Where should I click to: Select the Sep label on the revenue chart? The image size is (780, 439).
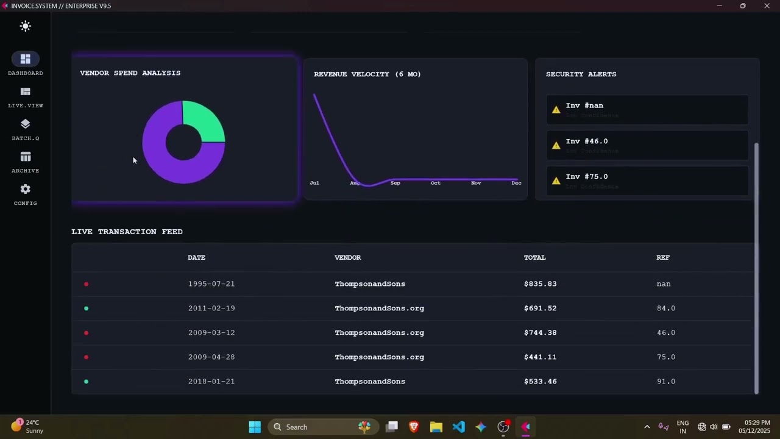coord(395,183)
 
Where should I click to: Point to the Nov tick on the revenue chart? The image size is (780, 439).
coord(476,183)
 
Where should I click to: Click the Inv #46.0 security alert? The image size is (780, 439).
coord(647,145)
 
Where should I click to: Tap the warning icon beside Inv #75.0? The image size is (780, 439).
coord(556,181)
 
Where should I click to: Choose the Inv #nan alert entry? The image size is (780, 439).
coord(647,110)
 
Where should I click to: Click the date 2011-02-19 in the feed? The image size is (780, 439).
coord(211,308)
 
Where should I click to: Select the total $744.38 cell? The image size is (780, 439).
coord(540,332)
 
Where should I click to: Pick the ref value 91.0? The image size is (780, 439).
coord(665,381)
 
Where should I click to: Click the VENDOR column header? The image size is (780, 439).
coord(347,257)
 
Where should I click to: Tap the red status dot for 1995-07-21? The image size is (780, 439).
coord(86,284)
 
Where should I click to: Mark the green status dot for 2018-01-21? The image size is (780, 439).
coord(86,382)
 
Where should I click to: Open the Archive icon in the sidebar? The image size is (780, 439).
coord(26,157)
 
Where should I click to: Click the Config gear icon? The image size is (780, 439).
coord(26,190)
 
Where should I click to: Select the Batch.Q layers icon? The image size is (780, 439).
coord(26,124)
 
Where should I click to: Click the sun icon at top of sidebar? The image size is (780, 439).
coord(26,26)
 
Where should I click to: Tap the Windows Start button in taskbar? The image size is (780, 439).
coord(255,427)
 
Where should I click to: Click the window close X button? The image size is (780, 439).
coord(767,6)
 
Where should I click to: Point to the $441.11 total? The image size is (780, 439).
coord(540,357)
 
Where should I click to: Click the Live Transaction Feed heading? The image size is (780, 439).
coord(127,232)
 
